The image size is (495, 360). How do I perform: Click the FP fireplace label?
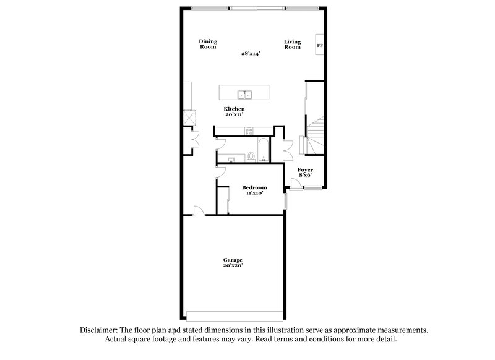click(x=320, y=45)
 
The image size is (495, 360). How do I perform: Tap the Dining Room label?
click(x=208, y=44)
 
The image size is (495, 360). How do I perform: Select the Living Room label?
click(x=292, y=44)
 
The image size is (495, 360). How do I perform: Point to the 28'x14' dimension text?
click(x=250, y=54)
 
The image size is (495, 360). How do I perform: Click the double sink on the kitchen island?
click(x=246, y=94)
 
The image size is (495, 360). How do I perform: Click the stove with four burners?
click(x=249, y=131)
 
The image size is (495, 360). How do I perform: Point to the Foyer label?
click(x=305, y=169)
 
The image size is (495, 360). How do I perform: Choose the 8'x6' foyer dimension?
click(x=305, y=176)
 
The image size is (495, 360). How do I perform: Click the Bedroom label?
click(x=254, y=187)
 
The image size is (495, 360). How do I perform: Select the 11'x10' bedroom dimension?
click(x=254, y=194)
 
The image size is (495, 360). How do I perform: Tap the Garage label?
click(x=233, y=260)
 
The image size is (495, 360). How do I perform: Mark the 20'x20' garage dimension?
click(x=233, y=266)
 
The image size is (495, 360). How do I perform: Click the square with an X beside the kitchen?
click(x=188, y=116)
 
